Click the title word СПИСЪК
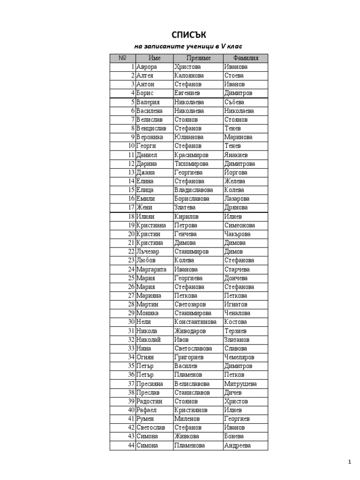(189, 35)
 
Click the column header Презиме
(198, 58)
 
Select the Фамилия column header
(245, 58)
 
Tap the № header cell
(123, 58)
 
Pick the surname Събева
(234, 102)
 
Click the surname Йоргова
(235, 172)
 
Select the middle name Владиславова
(193, 190)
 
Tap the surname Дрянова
(236, 208)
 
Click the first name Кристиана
(151, 225)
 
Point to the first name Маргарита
(151, 270)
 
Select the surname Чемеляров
(240, 357)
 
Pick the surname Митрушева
(240, 384)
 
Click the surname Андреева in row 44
(237, 445)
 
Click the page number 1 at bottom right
(349, 462)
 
